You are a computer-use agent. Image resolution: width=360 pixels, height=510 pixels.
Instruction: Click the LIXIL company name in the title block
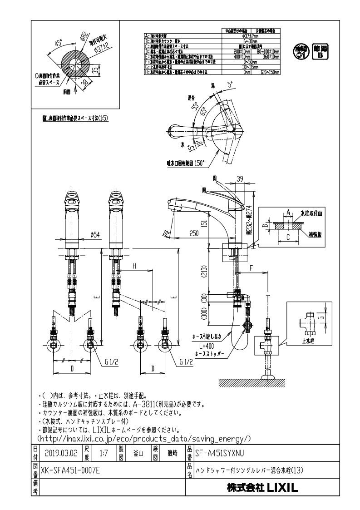point(262,488)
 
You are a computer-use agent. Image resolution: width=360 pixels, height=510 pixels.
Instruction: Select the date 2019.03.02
point(61,453)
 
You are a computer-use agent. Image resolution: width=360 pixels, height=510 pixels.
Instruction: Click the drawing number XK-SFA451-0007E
point(70,470)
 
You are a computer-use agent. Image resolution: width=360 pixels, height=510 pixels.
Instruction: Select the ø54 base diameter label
point(95,234)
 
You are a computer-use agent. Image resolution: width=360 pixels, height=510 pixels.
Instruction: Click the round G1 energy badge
point(299,51)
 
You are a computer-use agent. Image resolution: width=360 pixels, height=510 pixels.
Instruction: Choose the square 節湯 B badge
point(320,51)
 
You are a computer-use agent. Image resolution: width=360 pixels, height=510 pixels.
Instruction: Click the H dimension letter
point(134,267)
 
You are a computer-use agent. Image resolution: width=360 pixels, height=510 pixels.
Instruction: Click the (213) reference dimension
point(204,272)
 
